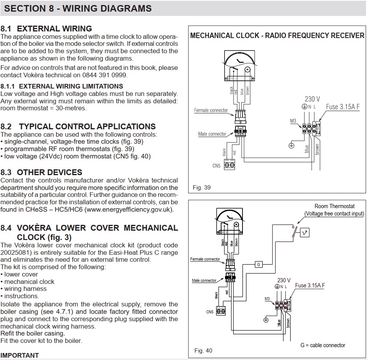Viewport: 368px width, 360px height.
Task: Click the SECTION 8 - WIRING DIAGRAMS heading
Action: pos(76,8)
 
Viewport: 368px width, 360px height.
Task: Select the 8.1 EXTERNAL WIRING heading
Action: pos(46,28)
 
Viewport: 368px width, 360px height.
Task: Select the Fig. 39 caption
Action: pos(202,188)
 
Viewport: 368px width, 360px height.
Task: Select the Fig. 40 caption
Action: pos(203,351)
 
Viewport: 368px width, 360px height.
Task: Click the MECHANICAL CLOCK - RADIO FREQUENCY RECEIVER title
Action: pos(277,36)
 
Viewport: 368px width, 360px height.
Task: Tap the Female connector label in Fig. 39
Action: pos(211,110)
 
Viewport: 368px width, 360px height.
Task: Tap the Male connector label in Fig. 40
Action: pos(204,280)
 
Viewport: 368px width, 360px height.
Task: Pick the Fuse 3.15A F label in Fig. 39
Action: pos(343,106)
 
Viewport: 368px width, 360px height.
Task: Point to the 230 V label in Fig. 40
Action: pos(284,280)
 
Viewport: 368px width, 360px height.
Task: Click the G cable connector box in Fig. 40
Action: pos(258,264)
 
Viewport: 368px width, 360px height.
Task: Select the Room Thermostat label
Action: pos(334,207)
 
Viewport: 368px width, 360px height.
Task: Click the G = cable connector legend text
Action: pos(323,345)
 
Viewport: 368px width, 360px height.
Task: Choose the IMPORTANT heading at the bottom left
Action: pos(20,355)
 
